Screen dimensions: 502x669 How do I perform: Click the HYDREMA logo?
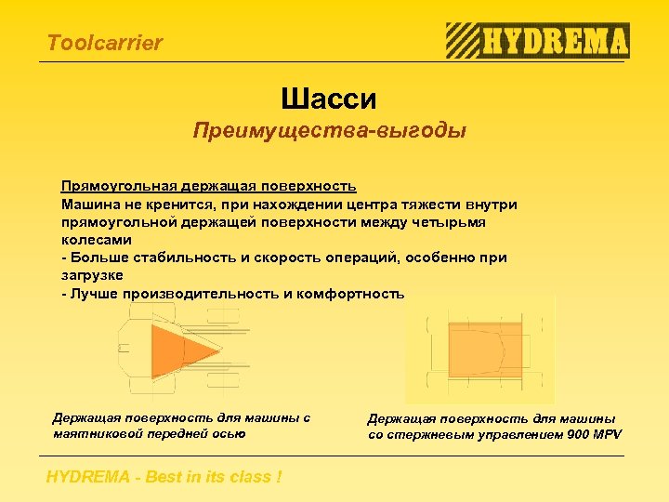pos(537,41)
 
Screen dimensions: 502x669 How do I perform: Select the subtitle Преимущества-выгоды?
pos(329,130)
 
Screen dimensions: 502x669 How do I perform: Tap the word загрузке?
pos(92,275)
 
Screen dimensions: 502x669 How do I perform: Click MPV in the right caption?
pos(607,434)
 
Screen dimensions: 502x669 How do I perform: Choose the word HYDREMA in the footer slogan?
pos(88,478)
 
